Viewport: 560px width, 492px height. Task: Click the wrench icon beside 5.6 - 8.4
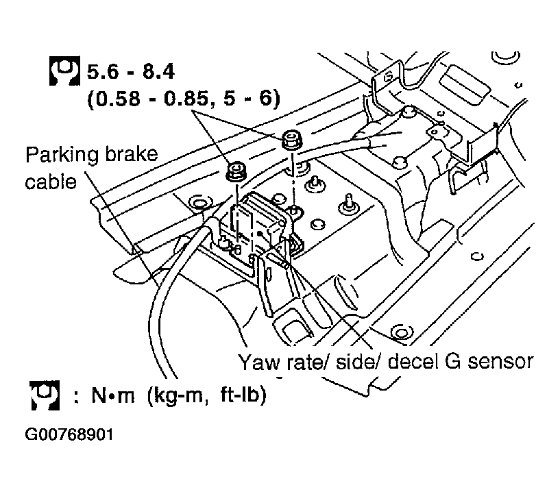pyautogui.click(x=64, y=71)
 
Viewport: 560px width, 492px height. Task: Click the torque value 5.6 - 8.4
pyautogui.click(x=131, y=71)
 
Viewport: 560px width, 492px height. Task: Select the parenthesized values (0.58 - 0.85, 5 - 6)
pyautogui.click(x=184, y=98)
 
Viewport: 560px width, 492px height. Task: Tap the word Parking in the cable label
pyautogui.click(x=62, y=155)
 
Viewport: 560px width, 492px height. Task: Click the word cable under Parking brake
pyautogui.click(x=51, y=182)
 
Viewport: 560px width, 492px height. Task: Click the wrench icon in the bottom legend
pyautogui.click(x=45, y=395)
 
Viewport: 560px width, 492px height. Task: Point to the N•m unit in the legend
pyautogui.click(x=113, y=395)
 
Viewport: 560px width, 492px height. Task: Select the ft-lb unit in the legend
pyautogui.click(x=243, y=395)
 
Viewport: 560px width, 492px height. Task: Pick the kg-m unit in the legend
pyautogui.click(x=177, y=396)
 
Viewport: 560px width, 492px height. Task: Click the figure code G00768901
pyautogui.click(x=69, y=434)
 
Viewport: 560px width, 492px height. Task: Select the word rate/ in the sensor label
pyautogui.click(x=307, y=362)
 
